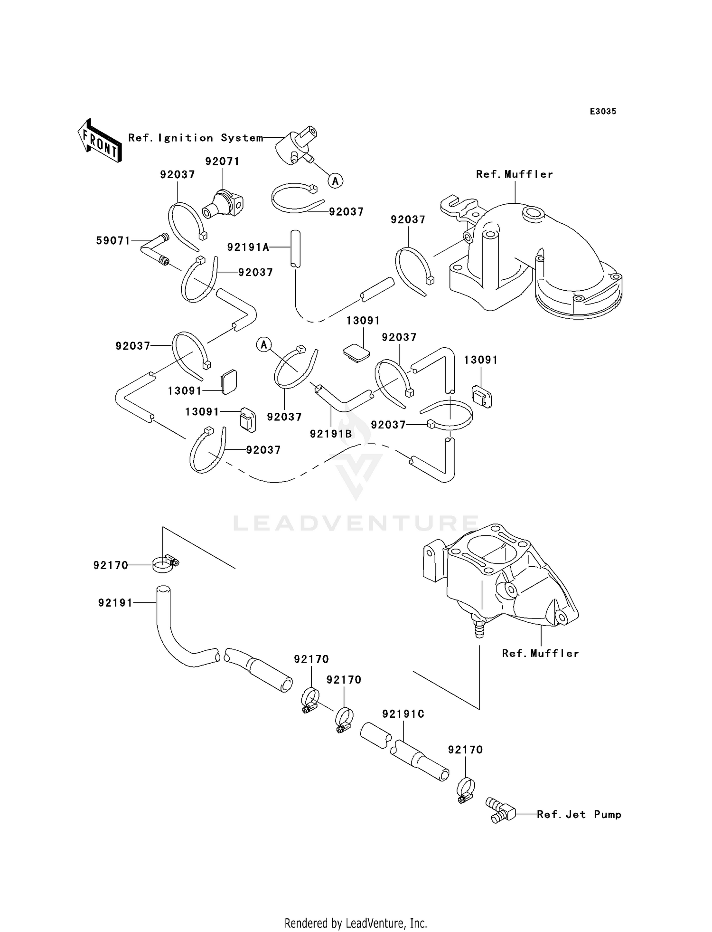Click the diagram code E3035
(603, 112)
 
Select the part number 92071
(222, 162)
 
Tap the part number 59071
(113, 241)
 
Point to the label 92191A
(248, 247)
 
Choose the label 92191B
(331, 434)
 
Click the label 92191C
(403, 714)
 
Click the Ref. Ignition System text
(196, 138)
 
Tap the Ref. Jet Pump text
(579, 814)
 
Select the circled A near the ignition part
(336, 181)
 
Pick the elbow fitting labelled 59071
(155, 249)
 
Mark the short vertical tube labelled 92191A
(295, 248)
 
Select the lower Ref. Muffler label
(541, 654)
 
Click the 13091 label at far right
(481, 360)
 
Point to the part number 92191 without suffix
(115, 603)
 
